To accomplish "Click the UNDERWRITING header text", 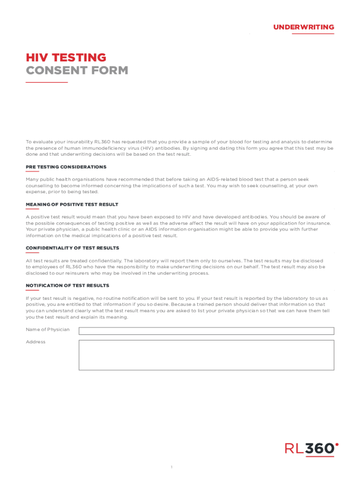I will click(x=303, y=27).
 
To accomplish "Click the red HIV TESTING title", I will click(x=66, y=58).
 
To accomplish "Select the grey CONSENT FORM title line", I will click(x=77, y=71).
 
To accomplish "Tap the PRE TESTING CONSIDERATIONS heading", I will click(x=66, y=167).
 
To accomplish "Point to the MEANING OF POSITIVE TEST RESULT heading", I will click(x=72, y=204).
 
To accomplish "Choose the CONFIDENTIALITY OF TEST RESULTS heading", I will click(x=72, y=248).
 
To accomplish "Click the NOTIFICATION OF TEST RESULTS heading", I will click(x=67, y=285).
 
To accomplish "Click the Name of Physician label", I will click(x=48, y=330).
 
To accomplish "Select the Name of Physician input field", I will click(x=206, y=331).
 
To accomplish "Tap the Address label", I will click(x=36, y=342).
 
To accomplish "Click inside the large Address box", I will click(x=206, y=355).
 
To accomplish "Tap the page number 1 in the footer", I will click(x=172, y=467).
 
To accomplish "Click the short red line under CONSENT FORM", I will click(x=46, y=82).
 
